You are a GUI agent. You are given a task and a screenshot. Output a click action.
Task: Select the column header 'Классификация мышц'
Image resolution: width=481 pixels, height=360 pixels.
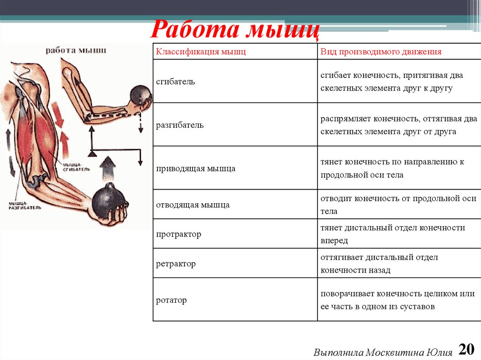coord(201,52)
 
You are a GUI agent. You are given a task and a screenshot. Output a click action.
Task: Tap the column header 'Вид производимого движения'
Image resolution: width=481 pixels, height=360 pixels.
coord(381,52)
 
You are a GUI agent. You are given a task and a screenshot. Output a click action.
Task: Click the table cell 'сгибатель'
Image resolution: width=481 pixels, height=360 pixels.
coord(175,81)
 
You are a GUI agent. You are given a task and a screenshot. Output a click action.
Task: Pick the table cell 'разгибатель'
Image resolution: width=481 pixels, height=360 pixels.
coord(179,125)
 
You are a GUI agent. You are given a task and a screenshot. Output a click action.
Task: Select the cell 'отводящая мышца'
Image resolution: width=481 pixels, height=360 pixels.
coord(193,205)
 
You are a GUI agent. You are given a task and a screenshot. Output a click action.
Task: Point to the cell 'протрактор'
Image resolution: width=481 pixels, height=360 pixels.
coord(178,234)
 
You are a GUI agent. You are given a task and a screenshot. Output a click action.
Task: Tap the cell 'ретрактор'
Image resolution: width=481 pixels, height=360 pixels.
coord(176,263)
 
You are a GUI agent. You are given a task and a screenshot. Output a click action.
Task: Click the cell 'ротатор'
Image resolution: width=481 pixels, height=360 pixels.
coord(171,300)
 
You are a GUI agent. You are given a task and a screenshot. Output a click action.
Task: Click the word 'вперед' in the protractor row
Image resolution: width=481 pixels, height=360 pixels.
coord(334,240)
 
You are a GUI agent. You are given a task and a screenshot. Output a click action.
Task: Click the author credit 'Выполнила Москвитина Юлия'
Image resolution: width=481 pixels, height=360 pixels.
coord(383,352)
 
